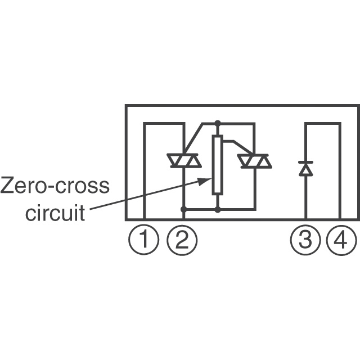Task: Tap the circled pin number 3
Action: click(x=305, y=241)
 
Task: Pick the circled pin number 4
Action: click(x=341, y=241)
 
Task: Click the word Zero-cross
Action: click(x=55, y=186)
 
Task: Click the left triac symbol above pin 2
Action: click(x=184, y=161)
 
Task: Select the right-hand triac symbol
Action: click(x=254, y=161)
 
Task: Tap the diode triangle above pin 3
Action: click(x=305, y=169)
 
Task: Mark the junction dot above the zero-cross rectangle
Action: click(x=218, y=123)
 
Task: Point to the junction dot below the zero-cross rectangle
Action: click(x=218, y=209)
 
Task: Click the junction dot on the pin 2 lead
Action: click(x=184, y=209)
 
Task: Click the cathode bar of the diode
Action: click(x=305, y=162)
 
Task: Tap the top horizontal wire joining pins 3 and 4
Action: click(x=323, y=124)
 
